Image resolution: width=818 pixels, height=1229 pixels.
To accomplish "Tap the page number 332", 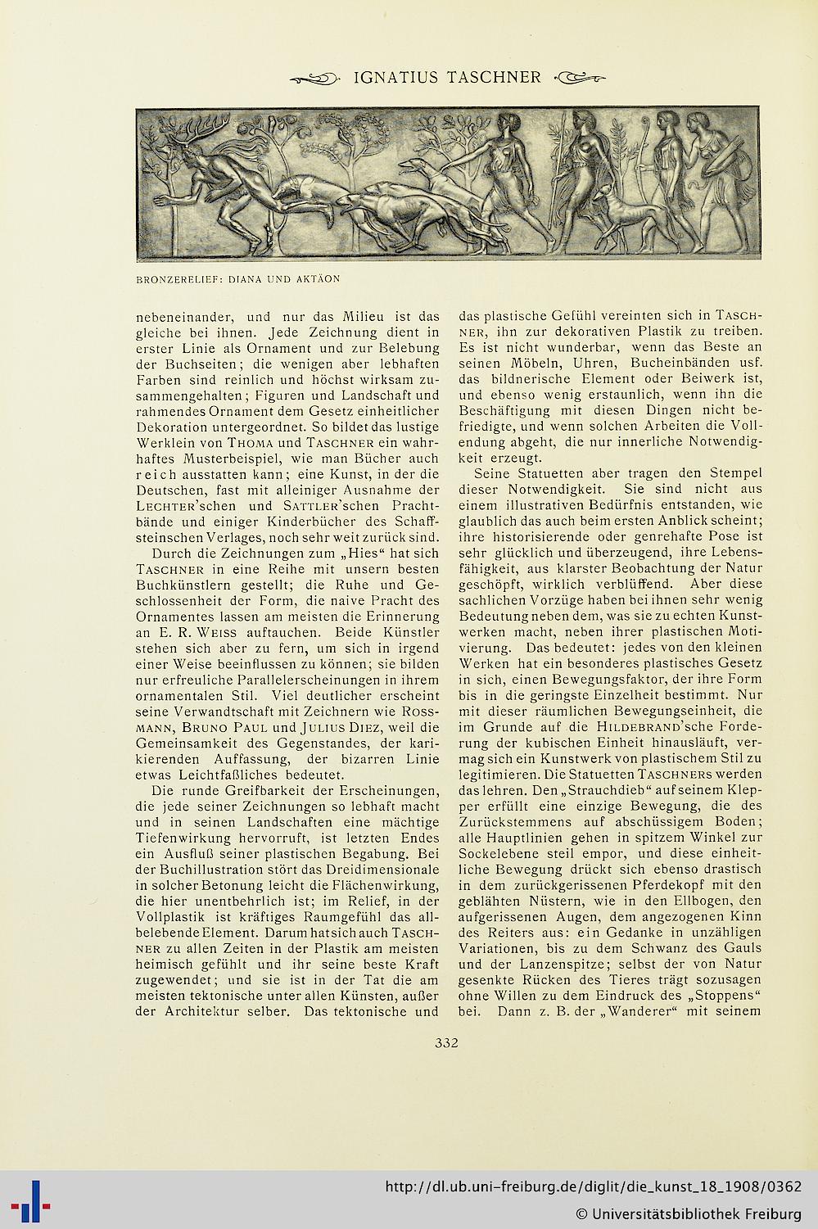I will pyautogui.click(x=446, y=1042).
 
